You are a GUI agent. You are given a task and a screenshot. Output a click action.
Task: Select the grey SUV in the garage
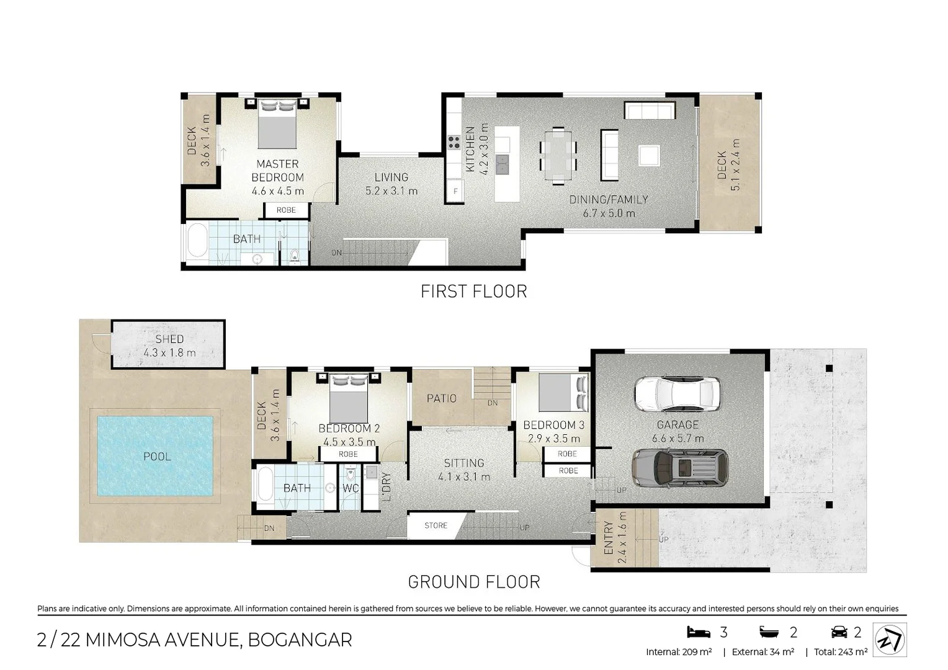point(680,468)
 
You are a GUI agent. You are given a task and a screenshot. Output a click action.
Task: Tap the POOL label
point(157,457)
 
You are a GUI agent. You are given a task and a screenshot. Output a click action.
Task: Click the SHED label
point(169,339)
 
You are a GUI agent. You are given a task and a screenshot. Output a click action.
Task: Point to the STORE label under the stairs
point(436,525)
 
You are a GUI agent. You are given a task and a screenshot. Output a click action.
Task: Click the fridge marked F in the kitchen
point(455,191)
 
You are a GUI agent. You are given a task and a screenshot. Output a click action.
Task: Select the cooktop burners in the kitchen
point(454,142)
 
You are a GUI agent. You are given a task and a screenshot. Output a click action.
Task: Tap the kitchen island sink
point(503,164)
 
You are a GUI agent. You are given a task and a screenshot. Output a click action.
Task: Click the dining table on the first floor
point(558,156)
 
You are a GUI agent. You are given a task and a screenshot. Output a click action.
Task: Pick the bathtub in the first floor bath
point(197,241)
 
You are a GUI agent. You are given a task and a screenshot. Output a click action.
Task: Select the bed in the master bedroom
point(277,124)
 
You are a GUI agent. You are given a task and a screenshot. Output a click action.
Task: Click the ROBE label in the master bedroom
point(286,210)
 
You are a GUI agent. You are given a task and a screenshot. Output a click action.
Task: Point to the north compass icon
point(890,640)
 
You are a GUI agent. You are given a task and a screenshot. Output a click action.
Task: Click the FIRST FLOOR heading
point(473,291)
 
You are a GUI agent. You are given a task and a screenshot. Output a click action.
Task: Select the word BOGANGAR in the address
point(300,640)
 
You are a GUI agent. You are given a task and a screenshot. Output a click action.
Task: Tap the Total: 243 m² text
point(841,652)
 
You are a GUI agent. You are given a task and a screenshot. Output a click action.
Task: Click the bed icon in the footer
point(699,632)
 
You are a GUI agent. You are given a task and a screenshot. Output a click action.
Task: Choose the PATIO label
point(441,398)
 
